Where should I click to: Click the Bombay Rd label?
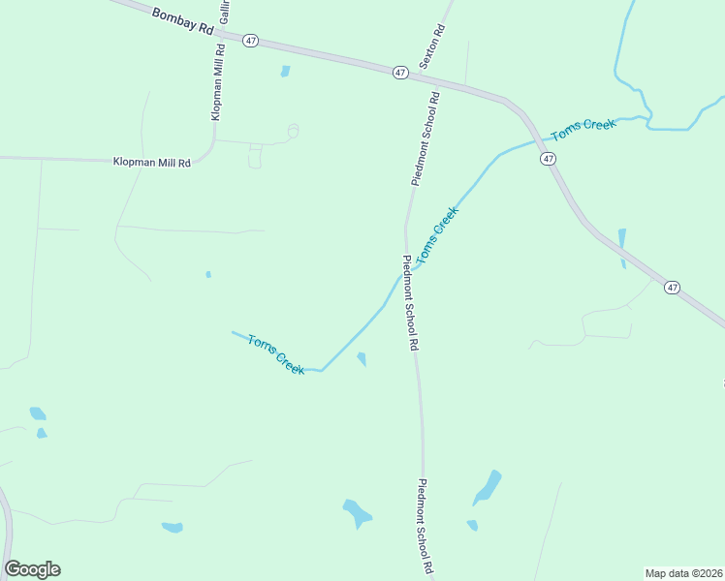tap(182, 21)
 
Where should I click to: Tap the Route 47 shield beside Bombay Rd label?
tap(251, 40)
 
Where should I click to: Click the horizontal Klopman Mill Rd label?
tap(151, 163)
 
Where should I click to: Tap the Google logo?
tap(32, 569)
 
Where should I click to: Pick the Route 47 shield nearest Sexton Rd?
tap(400, 72)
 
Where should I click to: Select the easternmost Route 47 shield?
tap(673, 287)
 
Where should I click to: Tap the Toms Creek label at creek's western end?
tap(276, 354)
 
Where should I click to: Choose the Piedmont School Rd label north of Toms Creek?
tap(426, 138)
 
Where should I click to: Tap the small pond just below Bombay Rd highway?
tap(285, 71)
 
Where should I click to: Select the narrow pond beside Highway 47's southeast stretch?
tap(621, 248)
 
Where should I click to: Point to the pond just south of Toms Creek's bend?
tap(362, 359)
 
